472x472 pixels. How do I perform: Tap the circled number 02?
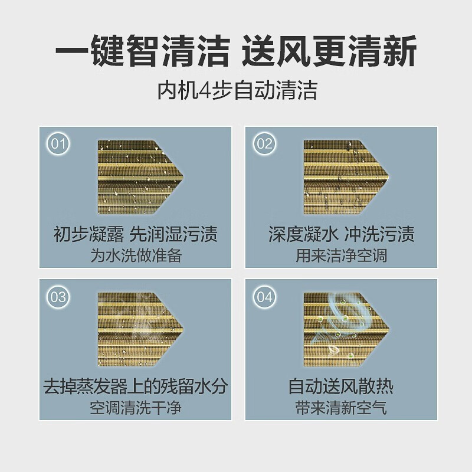pos(265,144)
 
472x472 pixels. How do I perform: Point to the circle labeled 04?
pos(265,297)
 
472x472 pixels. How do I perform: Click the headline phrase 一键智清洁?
pos(142,52)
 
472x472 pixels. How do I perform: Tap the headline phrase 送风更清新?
pos(330,52)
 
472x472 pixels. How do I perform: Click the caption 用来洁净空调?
pos(340,255)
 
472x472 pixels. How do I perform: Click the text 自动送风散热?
pos(340,387)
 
